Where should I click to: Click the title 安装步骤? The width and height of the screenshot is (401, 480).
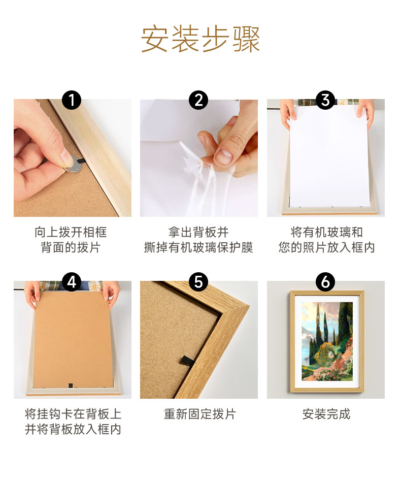coord(200,39)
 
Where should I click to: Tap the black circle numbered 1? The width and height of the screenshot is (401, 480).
coord(72,100)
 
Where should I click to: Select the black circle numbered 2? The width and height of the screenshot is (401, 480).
coord(198,100)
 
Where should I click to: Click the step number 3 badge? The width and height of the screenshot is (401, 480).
coord(325,100)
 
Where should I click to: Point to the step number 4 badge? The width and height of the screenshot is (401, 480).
coord(72,282)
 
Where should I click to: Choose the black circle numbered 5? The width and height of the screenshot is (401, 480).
coord(198,282)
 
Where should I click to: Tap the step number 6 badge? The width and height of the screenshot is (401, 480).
coord(325,282)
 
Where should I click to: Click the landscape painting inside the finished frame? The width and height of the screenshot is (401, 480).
coord(327,341)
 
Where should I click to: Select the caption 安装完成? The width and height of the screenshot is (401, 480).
coord(326,414)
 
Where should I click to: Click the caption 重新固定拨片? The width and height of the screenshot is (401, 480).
coord(199,414)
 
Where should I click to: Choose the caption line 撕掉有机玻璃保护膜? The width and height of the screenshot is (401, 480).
coord(198,248)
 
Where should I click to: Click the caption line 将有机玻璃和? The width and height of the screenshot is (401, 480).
coord(326,232)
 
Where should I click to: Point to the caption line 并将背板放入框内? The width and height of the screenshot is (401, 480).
coord(73,430)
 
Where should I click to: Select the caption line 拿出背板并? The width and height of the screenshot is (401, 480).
coord(198,232)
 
